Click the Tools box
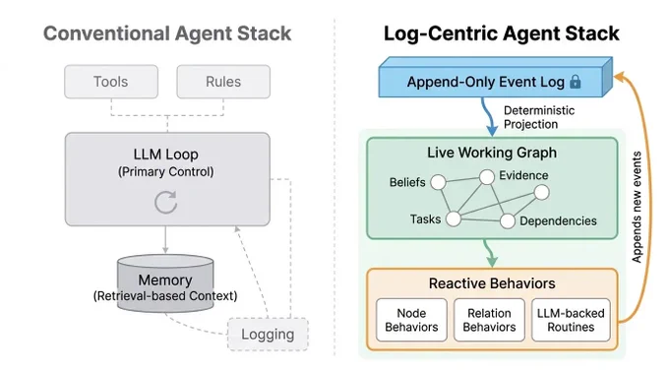point(111,82)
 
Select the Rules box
point(223,82)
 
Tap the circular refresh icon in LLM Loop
point(165,202)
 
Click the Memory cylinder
point(165,283)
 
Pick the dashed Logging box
point(268,335)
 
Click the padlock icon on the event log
point(576,81)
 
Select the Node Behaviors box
point(411,320)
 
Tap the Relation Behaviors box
point(489,320)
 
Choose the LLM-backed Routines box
point(571,320)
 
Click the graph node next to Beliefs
point(438,182)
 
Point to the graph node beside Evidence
point(487,177)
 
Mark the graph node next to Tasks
point(454,219)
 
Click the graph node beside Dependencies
point(508,221)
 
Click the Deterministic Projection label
point(539,117)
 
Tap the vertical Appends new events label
point(637,207)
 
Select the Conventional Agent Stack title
point(167,33)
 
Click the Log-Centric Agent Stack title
point(502,33)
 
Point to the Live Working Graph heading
point(492,153)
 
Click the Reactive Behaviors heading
point(492,283)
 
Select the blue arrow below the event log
point(487,115)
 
